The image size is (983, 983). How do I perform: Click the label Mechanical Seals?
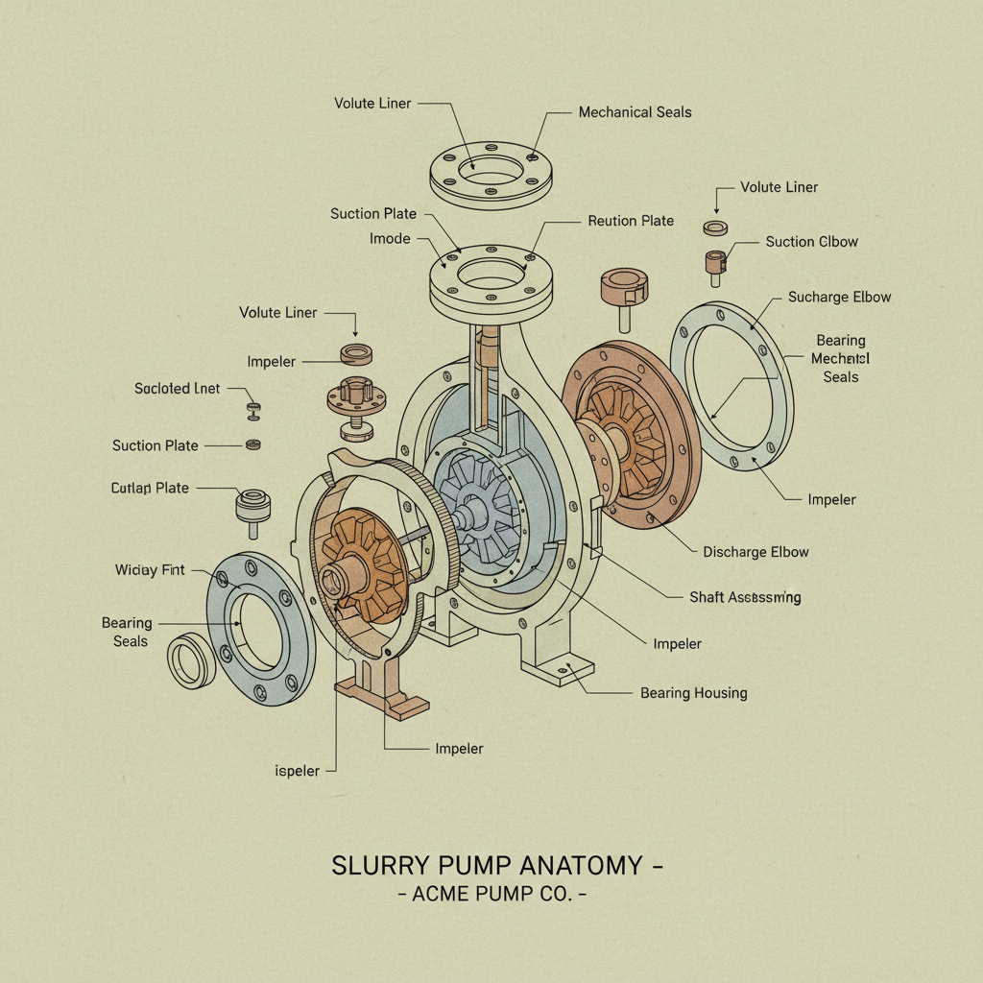coord(635,112)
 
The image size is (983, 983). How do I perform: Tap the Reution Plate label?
coord(631,221)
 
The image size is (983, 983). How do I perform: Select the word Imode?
coord(390,239)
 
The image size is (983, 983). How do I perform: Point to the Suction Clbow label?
coord(811,242)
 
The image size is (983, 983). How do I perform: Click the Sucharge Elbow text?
coord(839,298)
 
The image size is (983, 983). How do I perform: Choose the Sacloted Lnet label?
coord(178,389)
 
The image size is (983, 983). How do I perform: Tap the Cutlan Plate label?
coord(150,488)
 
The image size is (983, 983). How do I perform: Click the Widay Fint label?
coord(150,570)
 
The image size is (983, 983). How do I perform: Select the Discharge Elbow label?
coord(755,552)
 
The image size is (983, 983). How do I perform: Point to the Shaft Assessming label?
coord(745,597)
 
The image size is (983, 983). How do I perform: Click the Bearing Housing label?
coord(693,693)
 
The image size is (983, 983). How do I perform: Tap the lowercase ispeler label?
coord(297,771)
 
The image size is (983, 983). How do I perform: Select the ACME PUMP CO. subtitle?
coord(491,895)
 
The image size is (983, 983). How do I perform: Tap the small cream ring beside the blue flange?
coord(191,661)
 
